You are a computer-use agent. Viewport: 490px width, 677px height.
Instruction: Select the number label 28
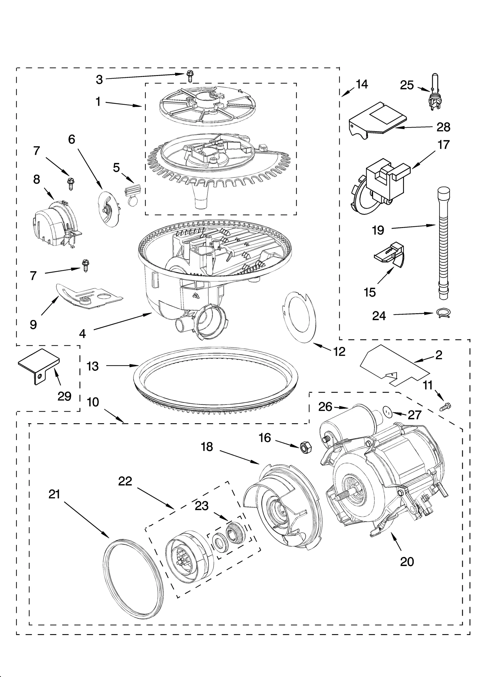point(443,127)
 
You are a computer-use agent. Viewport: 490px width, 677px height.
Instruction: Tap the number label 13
point(92,366)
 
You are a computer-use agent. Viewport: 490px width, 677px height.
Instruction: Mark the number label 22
point(125,481)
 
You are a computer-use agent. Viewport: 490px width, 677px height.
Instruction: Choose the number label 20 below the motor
point(407,561)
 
